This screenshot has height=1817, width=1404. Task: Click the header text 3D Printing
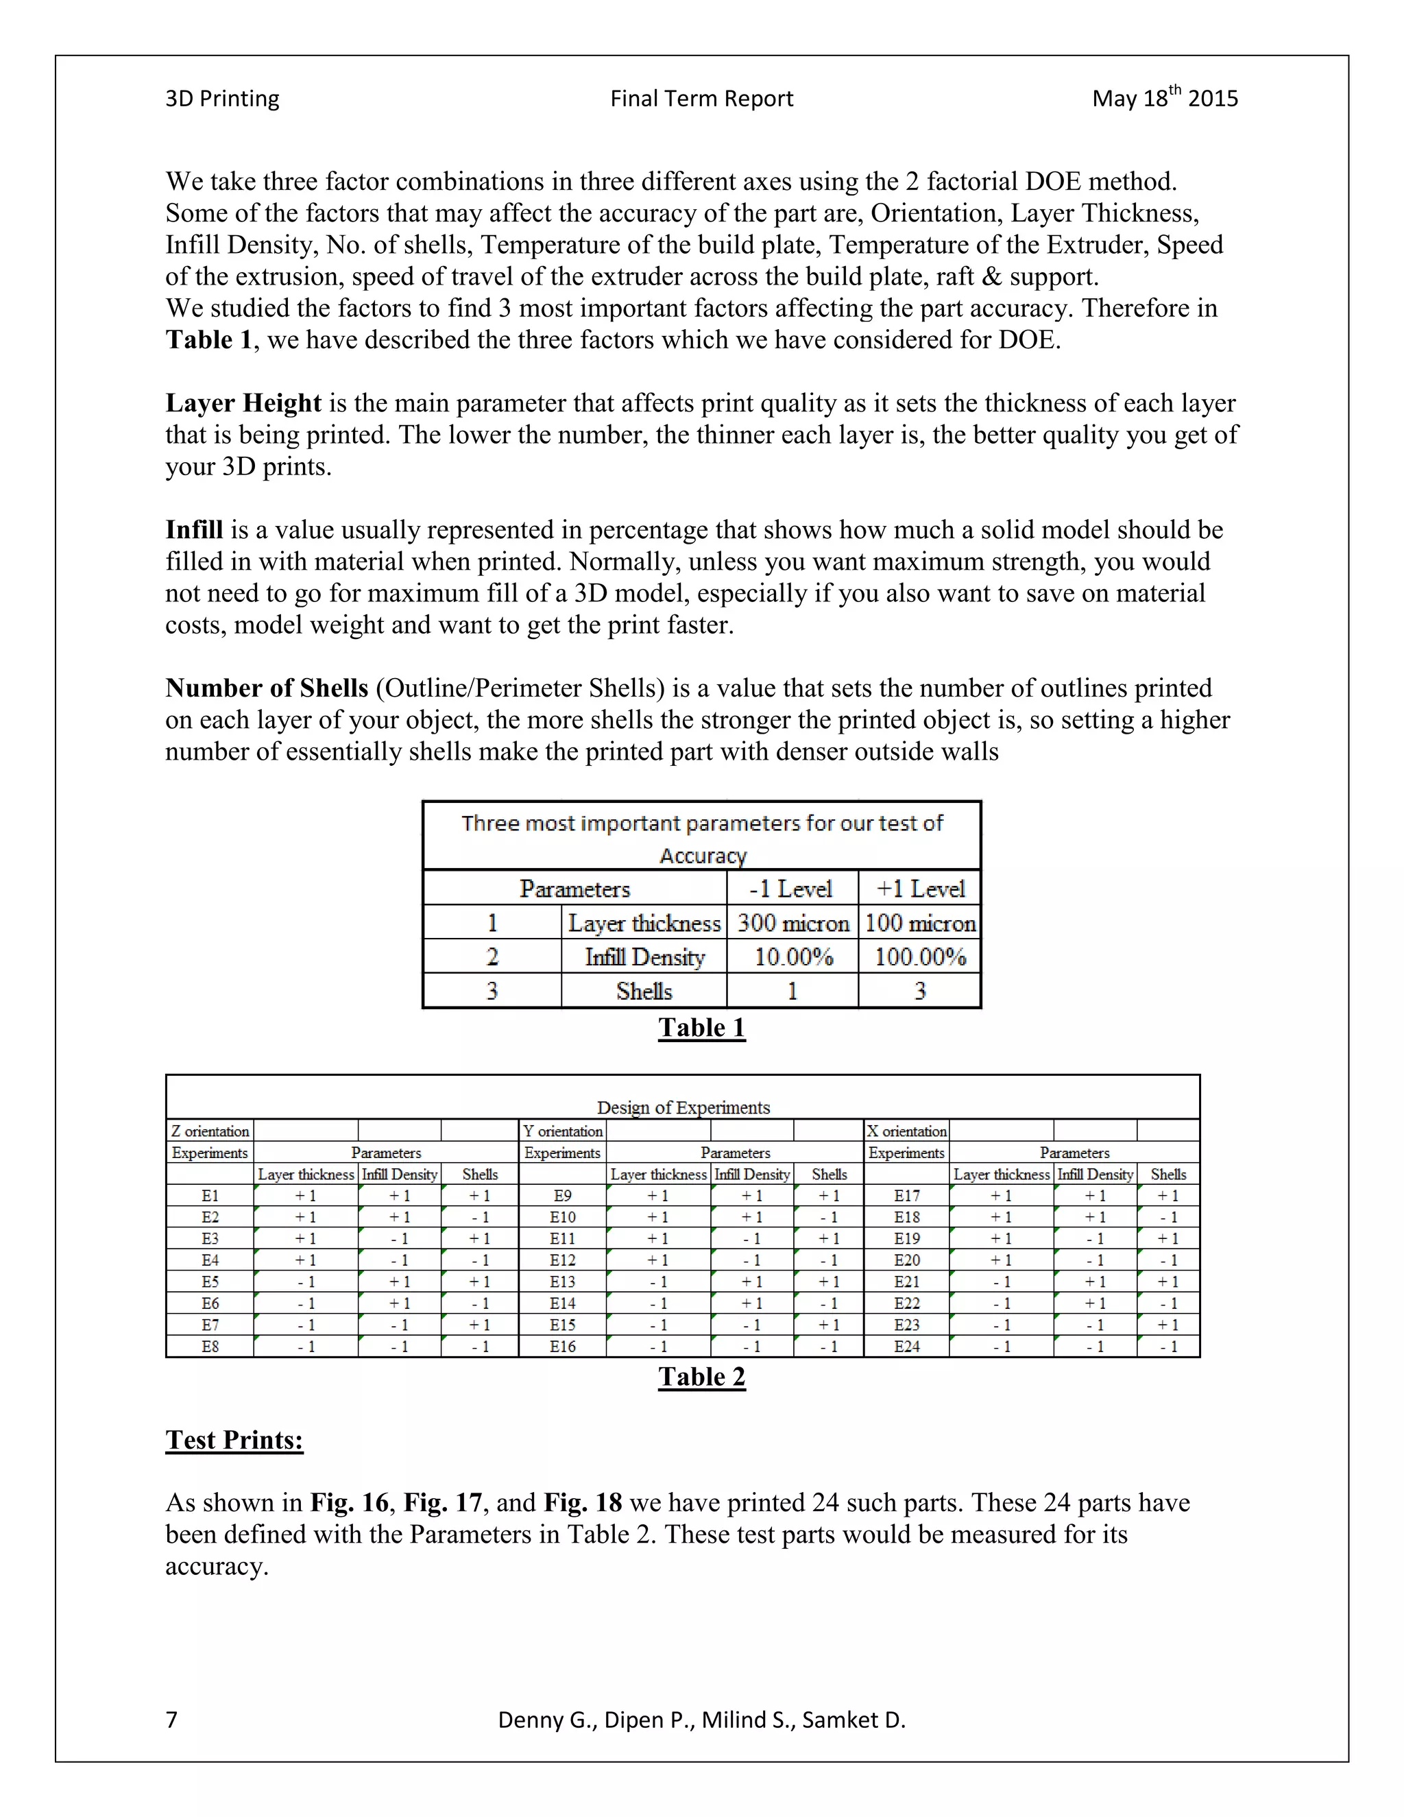(x=222, y=99)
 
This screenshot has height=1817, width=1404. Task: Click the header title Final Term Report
(x=701, y=99)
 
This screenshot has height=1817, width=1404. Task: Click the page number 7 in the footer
(x=171, y=1720)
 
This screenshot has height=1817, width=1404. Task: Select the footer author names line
(x=701, y=1720)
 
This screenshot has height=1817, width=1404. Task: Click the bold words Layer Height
(x=243, y=403)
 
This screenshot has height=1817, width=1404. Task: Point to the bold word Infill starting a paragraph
(x=194, y=530)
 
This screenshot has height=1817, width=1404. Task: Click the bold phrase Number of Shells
(x=266, y=688)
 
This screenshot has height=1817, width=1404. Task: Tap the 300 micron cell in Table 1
(x=792, y=923)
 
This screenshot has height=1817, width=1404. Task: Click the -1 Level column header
(x=791, y=889)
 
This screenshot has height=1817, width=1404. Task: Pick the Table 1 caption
(x=701, y=1028)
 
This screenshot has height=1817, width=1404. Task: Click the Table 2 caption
(x=701, y=1377)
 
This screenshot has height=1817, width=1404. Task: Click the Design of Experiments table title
(x=683, y=1107)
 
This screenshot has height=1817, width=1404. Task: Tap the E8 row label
(x=210, y=1347)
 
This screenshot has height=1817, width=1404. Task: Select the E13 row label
(x=562, y=1282)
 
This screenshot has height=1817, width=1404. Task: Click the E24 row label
(x=906, y=1347)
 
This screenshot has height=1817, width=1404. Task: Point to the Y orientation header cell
(x=562, y=1131)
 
